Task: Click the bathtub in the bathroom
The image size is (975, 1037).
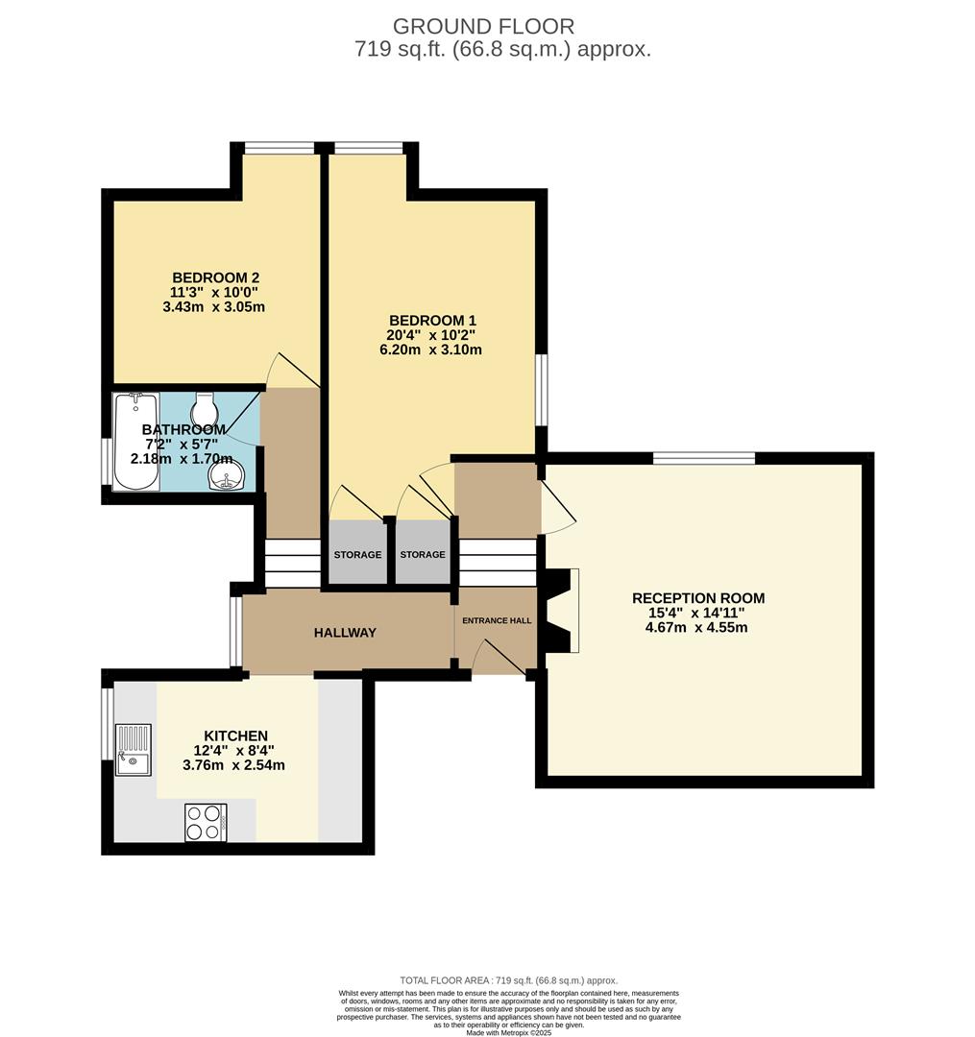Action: click(x=135, y=441)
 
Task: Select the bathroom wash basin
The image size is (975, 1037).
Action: click(x=228, y=477)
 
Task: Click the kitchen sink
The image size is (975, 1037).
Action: click(x=133, y=749)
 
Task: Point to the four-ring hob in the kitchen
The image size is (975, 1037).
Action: click(x=206, y=822)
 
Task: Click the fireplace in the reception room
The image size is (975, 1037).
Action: click(x=562, y=611)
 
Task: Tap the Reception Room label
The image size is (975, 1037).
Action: click(x=697, y=598)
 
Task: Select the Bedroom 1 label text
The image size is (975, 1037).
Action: click(x=431, y=320)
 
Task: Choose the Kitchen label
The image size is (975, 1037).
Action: click(x=235, y=736)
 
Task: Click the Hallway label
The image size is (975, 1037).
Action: click(x=345, y=633)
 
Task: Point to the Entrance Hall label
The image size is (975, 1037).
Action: click(x=497, y=620)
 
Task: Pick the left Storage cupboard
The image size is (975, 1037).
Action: click(x=357, y=555)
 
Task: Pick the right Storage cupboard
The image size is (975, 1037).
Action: click(x=423, y=555)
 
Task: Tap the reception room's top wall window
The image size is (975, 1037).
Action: click(x=704, y=458)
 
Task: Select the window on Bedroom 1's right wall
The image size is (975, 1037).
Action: click(x=542, y=390)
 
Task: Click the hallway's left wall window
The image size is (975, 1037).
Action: click(x=235, y=631)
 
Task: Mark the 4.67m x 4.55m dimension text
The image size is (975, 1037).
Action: click(x=697, y=628)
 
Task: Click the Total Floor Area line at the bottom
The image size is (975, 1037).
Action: click(x=508, y=979)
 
